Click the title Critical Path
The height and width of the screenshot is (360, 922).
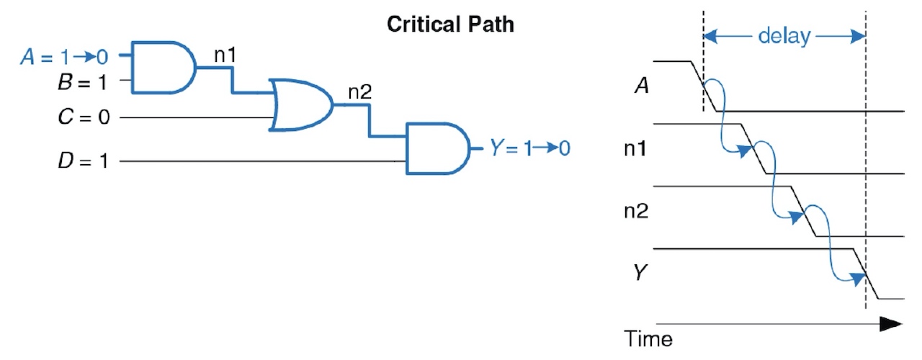(x=451, y=24)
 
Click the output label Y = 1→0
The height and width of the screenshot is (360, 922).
(x=529, y=149)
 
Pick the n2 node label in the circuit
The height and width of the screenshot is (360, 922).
(x=359, y=92)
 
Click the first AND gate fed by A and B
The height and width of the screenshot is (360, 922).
(x=162, y=68)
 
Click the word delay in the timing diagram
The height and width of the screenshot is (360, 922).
(x=784, y=36)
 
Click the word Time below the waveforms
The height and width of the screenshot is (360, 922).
(x=648, y=338)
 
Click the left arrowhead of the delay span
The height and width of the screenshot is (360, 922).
(x=710, y=36)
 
